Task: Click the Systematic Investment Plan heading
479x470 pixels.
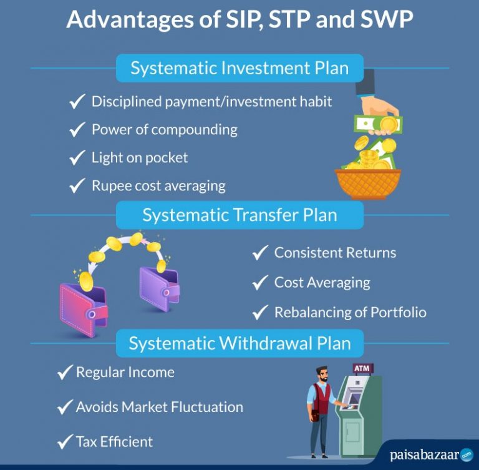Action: (239, 68)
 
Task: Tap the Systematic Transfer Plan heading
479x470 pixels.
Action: (239, 215)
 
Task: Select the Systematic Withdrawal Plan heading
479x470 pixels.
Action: (239, 343)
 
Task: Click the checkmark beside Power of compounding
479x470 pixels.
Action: (77, 130)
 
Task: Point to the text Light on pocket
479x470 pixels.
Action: (140, 158)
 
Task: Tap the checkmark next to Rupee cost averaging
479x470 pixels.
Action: (77, 185)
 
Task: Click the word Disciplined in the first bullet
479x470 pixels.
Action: (127, 102)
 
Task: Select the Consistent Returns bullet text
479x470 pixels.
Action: (335, 253)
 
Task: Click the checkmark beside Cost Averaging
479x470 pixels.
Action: (260, 282)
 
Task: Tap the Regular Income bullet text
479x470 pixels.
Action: (125, 372)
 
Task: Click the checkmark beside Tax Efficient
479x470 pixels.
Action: (65, 441)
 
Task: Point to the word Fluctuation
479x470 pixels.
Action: (207, 407)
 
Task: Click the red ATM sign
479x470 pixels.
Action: (362, 368)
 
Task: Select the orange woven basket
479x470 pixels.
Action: (368, 184)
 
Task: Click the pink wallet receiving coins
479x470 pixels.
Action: (83, 310)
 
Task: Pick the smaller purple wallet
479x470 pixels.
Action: (160, 288)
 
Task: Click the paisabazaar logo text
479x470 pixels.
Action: (425, 455)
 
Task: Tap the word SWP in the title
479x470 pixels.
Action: (387, 19)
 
